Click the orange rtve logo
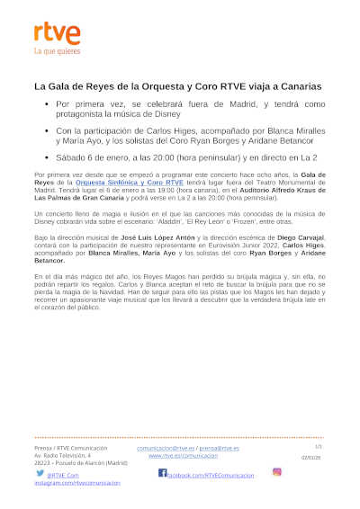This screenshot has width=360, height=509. pyautogui.click(x=57, y=35)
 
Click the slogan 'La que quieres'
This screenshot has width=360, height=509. pyautogui.click(x=56, y=52)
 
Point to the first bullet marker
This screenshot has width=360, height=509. pyautogui.click(x=46, y=104)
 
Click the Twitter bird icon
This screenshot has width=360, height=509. pyautogui.click(x=40, y=473)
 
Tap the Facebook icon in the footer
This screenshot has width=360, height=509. pyautogui.click(x=163, y=472)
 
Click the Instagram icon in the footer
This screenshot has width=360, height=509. pyautogui.click(x=277, y=471)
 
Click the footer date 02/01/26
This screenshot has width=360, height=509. pyautogui.click(x=310, y=457)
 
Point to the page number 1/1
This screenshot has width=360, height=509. pyautogui.click(x=318, y=446)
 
